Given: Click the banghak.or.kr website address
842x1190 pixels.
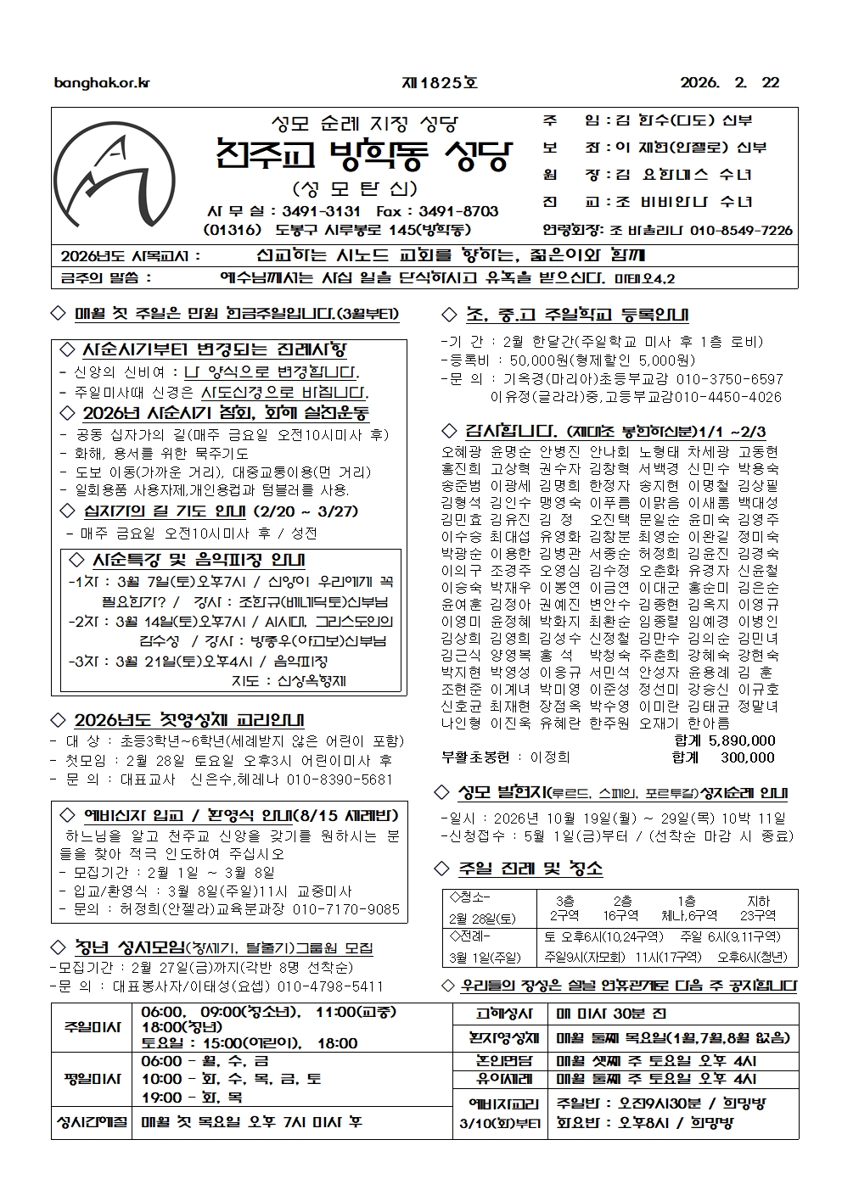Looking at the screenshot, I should tap(101, 83).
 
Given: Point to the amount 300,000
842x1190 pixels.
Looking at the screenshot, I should tap(747, 757).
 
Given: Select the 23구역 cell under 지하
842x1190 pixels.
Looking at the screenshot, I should tap(757, 916).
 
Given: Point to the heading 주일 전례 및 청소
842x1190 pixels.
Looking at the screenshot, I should tap(530, 869).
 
